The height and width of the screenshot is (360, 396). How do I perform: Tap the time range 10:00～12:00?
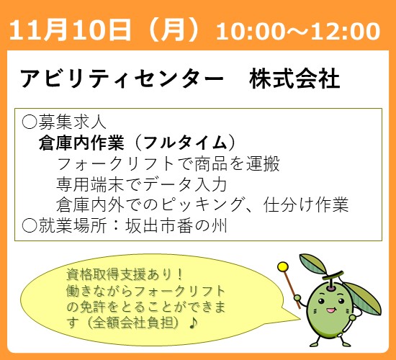click(x=298, y=31)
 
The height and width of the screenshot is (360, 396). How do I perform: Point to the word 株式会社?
click(x=294, y=78)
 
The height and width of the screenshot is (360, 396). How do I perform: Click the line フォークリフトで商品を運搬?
click(x=167, y=163)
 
